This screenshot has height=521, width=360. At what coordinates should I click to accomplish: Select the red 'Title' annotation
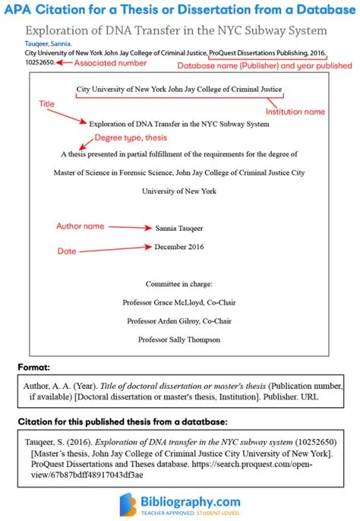[x=48, y=103]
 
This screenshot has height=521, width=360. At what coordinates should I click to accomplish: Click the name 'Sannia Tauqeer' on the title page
[x=178, y=227]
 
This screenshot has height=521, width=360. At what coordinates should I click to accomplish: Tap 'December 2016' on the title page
[x=179, y=247]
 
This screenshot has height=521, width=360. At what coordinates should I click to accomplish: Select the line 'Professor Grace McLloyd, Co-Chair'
[x=179, y=302]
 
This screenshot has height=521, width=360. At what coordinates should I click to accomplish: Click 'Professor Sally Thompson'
[x=179, y=339]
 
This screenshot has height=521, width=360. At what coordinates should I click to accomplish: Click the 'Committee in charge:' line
[x=179, y=283]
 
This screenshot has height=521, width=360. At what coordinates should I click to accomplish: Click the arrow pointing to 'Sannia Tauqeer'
[x=128, y=226]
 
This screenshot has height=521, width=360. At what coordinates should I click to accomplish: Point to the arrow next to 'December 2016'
[x=122, y=248]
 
